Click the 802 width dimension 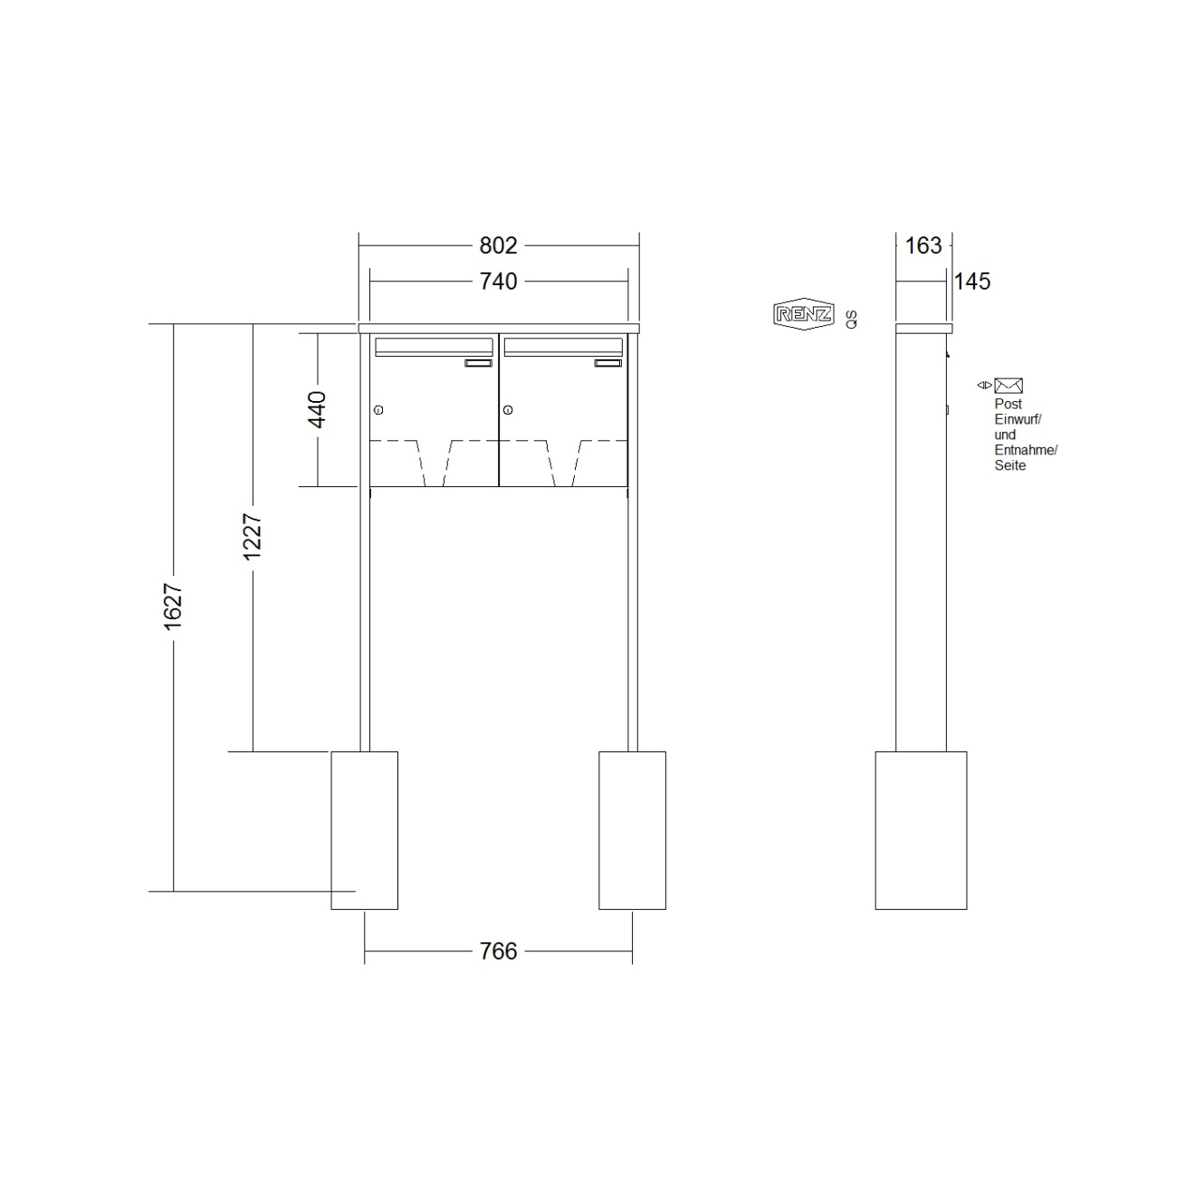(498, 245)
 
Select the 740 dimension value (498, 282)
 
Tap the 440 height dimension (317, 410)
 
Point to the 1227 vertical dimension (253, 537)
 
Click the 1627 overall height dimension (173, 607)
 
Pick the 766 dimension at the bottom (498, 951)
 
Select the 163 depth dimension (923, 245)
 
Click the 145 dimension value (972, 282)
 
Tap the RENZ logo (804, 314)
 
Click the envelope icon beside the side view (1009, 386)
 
